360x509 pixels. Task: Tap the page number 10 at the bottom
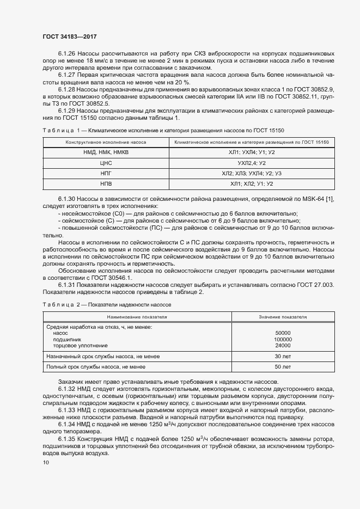pyautogui.click(x=45, y=462)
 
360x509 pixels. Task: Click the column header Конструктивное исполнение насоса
pyautogui.click(x=106, y=142)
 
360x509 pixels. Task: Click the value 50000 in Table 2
pyautogui.click(x=283, y=333)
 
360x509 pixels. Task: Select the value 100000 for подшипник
pyautogui.click(x=283, y=339)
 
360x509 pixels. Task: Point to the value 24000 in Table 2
pyautogui.click(x=283, y=345)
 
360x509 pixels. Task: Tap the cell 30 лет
pyautogui.click(x=283, y=356)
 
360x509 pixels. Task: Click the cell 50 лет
pyautogui.click(x=283, y=367)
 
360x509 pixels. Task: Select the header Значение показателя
pyautogui.click(x=283, y=316)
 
